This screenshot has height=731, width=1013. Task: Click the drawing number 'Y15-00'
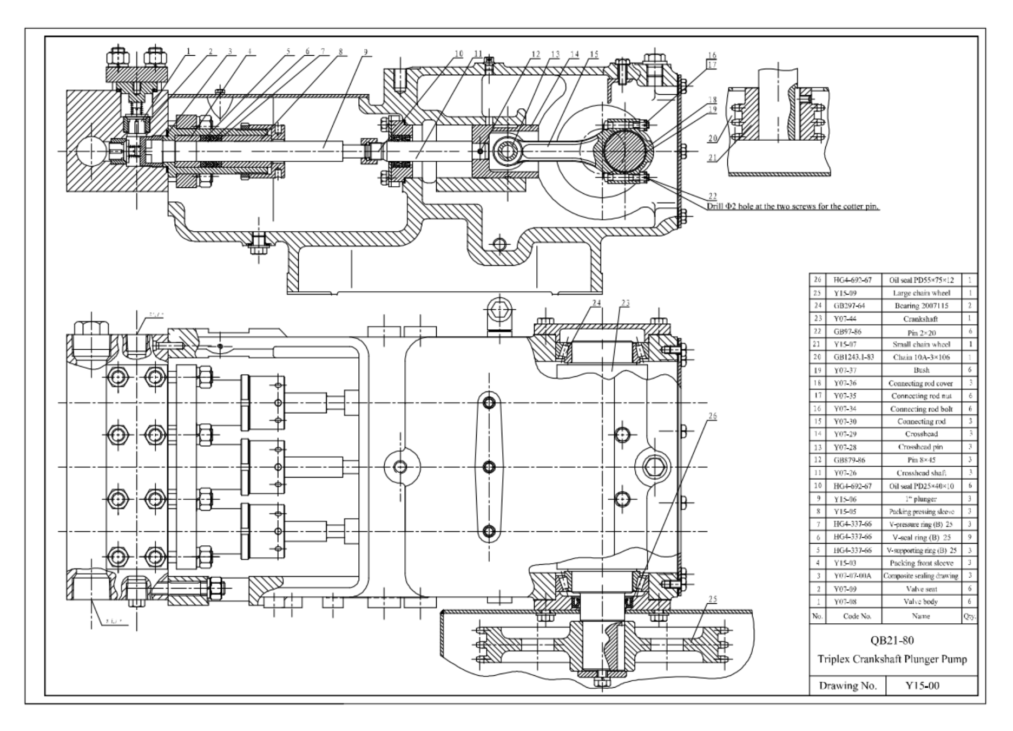point(922,686)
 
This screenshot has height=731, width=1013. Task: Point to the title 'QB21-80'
point(892,641)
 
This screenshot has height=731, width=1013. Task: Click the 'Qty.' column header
point(970,616)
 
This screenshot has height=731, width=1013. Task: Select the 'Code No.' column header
point(857,616)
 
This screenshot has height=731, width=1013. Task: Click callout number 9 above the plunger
point(365,53)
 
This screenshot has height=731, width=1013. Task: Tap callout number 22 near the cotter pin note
point(712,196)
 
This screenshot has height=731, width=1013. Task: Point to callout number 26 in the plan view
point(712,416)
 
